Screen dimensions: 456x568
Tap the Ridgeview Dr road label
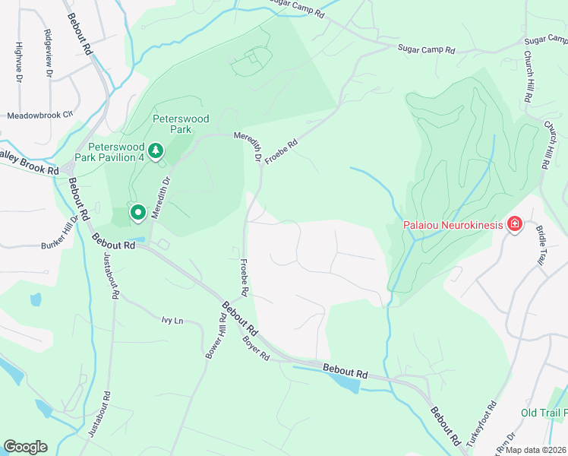pos(49,52)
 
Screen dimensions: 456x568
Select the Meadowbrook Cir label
pos(39,116)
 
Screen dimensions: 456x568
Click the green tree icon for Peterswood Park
pos(156,150)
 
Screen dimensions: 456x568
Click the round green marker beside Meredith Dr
pos(137,213)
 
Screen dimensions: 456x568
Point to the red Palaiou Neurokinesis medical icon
pos(514,223)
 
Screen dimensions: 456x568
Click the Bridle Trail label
pos(541,245)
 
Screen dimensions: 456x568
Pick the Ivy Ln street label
pos(172,321)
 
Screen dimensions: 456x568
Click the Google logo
pos(25,446)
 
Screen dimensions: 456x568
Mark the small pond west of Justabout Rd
pos(36,299)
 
